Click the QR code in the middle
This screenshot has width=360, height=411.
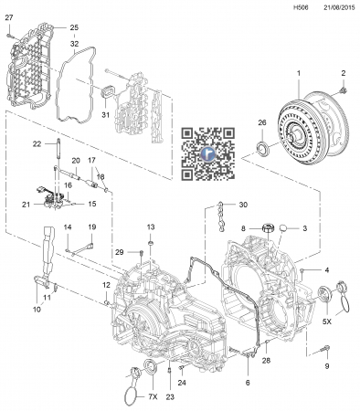pyautogui.click(x=208, y=153)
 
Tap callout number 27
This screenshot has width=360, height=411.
pyautogui.click(x=9, y=17)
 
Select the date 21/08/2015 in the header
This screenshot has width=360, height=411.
pyautogui.click(x=339, y=7)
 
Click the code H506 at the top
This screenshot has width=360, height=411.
pyautogui.click(x=301, y=7)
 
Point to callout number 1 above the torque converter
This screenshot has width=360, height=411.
pyautogui.click(x=299, y=73)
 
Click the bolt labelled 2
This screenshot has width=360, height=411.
pyautogui.click(x=344, y=90)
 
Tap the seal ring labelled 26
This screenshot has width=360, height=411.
pyautogui.click(x=262, y=148)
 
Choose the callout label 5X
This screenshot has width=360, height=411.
pyautogui.click(x=327, y=321)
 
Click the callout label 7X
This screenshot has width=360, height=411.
pyautogui.click(x=153, y=397)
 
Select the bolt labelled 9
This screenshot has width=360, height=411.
pyautogui.click(x=326, y=349)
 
